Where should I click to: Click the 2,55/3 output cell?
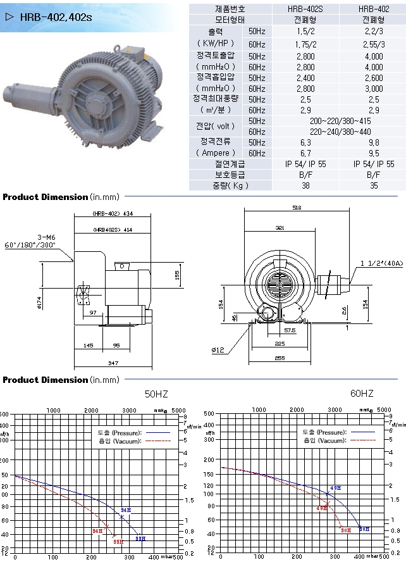pos(374,44)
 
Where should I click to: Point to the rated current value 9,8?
pos(374,142)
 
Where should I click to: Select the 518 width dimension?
pos(297,207)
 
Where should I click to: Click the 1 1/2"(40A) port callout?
pos(382,263)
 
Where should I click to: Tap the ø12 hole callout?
pos(218,348)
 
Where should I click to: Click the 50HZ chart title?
pos(157,394)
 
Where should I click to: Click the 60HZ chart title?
pos(362,394)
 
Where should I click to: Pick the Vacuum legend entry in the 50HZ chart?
pos(121,439)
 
